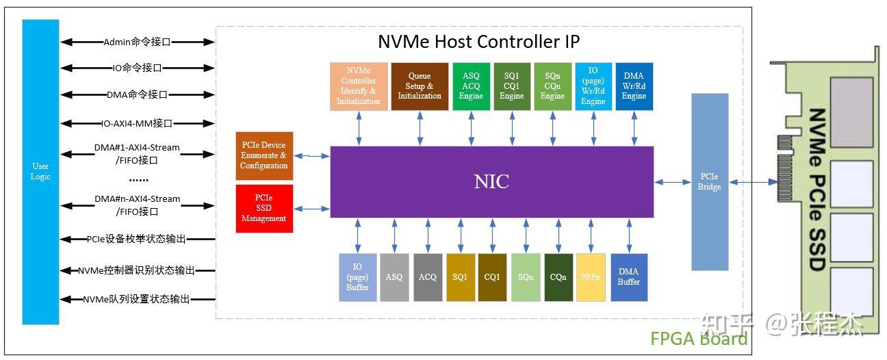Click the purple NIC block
[491, 181]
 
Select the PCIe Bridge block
[709, 182]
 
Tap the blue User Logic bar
[40, 171]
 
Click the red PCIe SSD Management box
[263, 208]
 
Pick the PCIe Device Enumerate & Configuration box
[263, 155]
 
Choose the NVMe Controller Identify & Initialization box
[359, 86]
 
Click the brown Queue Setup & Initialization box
[420, 86]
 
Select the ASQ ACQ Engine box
[472, 86]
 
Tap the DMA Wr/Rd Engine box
[634, 86]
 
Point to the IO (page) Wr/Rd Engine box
[593, 86]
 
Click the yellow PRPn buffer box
[591, 277]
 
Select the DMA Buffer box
[629, 277]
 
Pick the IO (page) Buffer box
[357, 277]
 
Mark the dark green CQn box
[558, 277]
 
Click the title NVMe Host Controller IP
[478, 42]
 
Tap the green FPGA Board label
[698, 338]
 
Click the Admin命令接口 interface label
[137, 42]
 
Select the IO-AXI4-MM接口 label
[137, 124]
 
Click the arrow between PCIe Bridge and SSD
[752, 182]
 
